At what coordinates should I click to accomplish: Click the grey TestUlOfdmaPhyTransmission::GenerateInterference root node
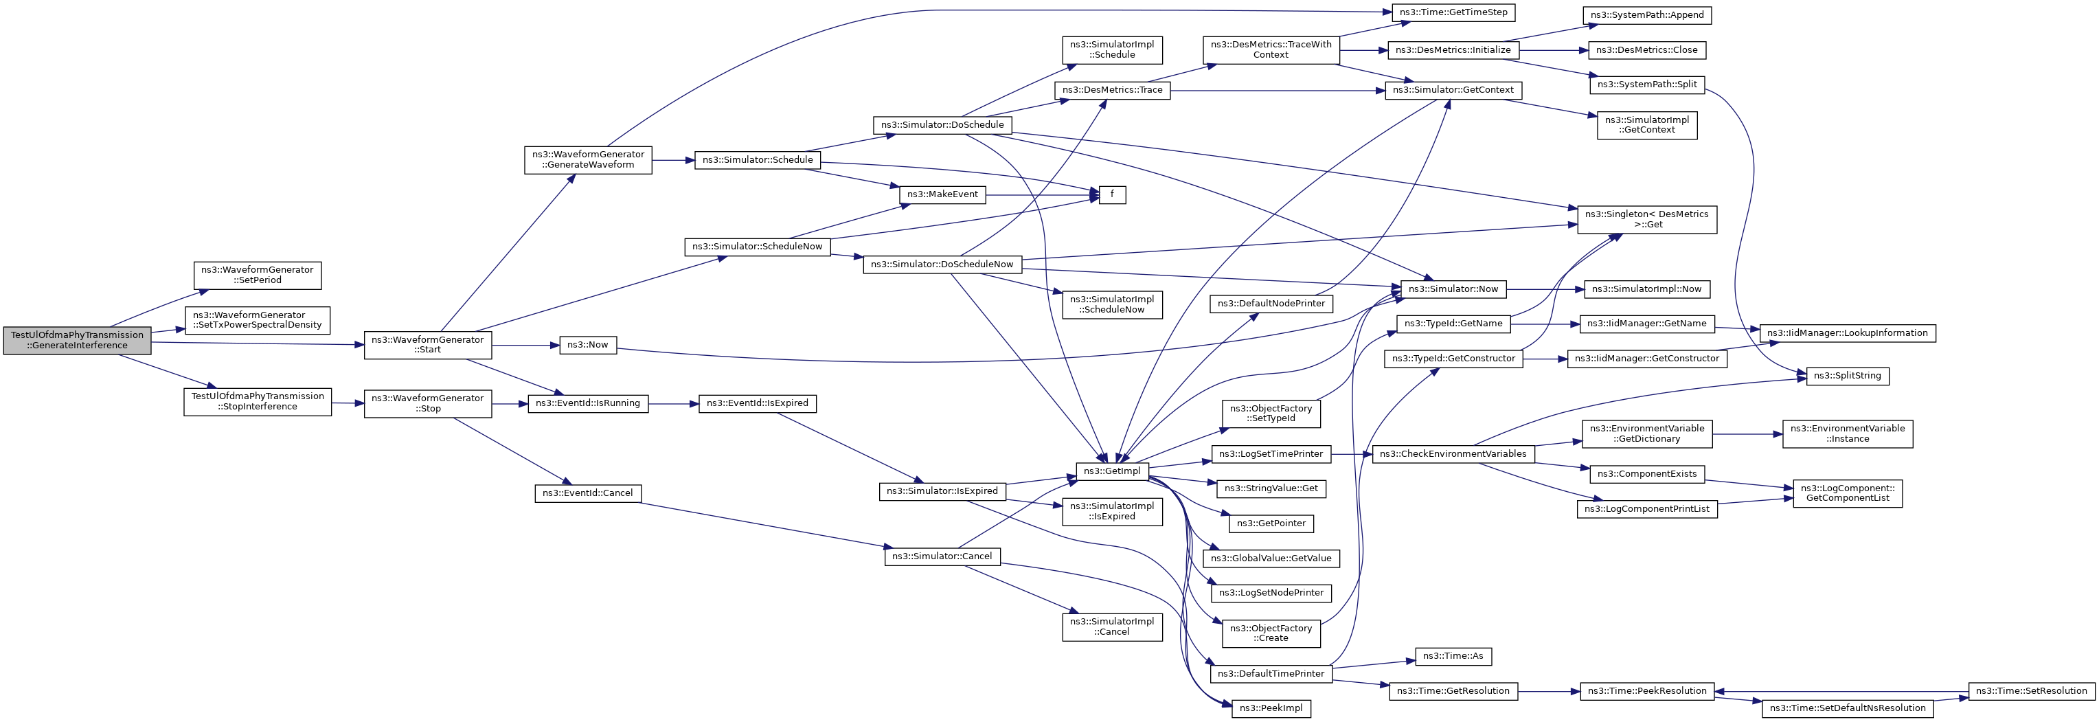pos(78,340)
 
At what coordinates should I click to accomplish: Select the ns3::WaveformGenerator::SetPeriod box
pos(258,275)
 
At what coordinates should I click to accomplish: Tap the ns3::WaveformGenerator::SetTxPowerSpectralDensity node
pos(258,320)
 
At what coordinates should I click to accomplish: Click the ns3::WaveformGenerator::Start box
pos(428,345)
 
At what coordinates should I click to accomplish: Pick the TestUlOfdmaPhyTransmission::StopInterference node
pos(258,402)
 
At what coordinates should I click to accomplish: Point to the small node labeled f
pos(1112,196)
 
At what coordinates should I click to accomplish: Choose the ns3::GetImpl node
pos(1112,471)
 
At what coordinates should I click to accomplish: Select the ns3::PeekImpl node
pos(1270,708)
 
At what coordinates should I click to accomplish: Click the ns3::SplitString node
pos(1847,376)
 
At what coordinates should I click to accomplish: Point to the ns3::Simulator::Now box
pos(1453,289)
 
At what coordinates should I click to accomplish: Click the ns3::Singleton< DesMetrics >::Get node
pos(1647,219)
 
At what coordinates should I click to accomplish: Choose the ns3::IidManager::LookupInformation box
pos(1847,332)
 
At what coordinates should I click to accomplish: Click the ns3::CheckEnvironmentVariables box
pos(1453,454)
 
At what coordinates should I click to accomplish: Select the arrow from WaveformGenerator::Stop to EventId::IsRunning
pos(509,403)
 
